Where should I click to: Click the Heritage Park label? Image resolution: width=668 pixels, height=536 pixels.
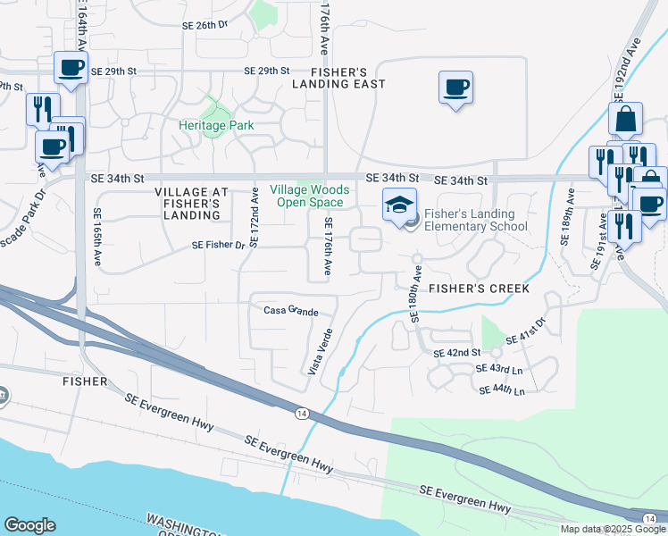tap(216, 126)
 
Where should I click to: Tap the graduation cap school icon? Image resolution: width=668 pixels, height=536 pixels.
tap(399, 205)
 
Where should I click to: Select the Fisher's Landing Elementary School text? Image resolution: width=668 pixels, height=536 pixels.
tap(475, 220)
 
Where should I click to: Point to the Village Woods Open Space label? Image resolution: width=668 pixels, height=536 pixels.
tap(310, 196)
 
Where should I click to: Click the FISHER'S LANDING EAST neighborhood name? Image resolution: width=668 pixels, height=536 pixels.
tap(348, 78)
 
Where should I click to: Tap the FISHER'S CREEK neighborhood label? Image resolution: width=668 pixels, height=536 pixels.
tap(479, 289)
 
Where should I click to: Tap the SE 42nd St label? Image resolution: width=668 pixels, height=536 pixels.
tap(457, 354)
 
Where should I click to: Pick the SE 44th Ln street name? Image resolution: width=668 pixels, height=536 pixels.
tap(502, 390)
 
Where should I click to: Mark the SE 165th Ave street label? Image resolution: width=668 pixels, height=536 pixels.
tap(96, 238)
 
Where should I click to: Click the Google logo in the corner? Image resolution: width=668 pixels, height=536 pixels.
tap(29, 525)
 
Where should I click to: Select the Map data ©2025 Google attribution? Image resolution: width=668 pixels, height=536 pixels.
tap(613, 529)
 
